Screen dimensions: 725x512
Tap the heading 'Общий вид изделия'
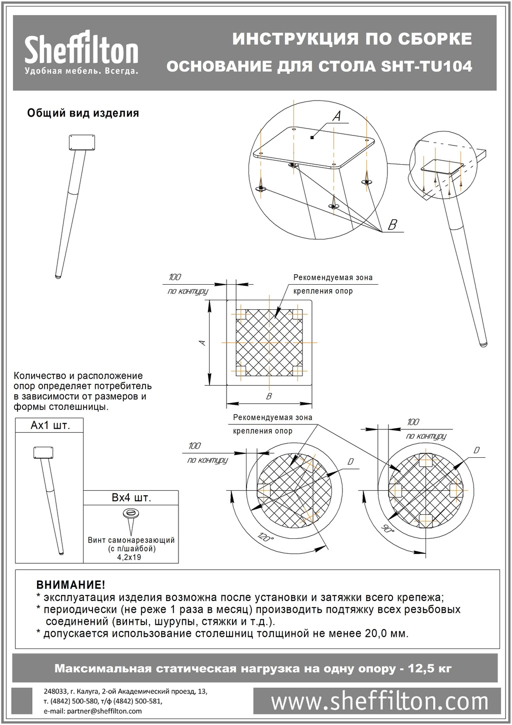(82, 113)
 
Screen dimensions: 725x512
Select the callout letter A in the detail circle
(336, 116)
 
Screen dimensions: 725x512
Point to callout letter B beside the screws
(392, 225)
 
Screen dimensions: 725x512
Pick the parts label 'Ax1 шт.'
(50, 425)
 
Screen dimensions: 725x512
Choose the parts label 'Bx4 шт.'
(131, 498)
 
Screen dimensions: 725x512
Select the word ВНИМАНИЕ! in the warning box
(70, 585)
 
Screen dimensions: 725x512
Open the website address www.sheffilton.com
(377, 701)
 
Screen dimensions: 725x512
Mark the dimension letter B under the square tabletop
(269, 396)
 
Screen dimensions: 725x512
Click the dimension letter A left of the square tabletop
(201, 343)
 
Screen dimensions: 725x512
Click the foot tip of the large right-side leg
(483, 344)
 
